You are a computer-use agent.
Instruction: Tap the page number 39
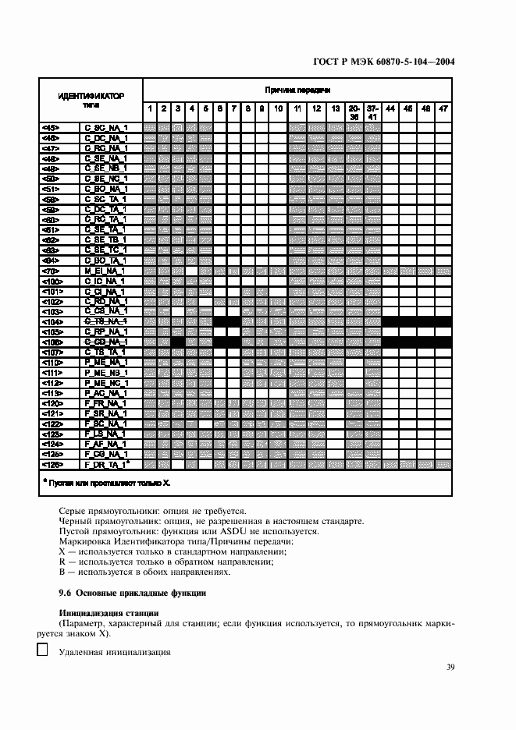450,665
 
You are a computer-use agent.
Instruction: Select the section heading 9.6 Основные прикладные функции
132,593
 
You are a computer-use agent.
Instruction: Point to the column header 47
443,108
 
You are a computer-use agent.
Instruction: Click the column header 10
279,108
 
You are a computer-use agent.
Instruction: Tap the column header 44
390,108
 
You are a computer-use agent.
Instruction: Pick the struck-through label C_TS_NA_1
106,321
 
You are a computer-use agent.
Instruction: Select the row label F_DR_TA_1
106,463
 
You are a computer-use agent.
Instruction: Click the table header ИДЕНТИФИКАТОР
91,95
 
